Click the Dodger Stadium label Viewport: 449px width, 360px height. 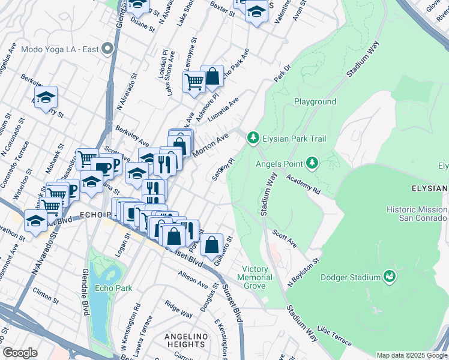click(x=351, y=277)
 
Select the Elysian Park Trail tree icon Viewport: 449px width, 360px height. click(x=253, y=139)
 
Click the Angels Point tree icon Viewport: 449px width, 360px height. click(x=312, y=163)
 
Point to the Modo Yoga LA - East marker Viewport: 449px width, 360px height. click(x=109, y=49)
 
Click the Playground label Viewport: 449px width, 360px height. click(x=315, y=101)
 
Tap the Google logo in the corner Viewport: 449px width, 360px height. click(x=20, y=353)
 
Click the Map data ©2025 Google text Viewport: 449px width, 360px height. click(x=412, y=355)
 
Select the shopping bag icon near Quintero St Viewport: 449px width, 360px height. click(x=212, y=245)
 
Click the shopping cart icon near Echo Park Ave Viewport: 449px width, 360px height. click(x=194, y=82)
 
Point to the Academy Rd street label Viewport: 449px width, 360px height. click(x=303, y=184)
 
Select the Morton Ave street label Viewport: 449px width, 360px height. click(x=210, y=145)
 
